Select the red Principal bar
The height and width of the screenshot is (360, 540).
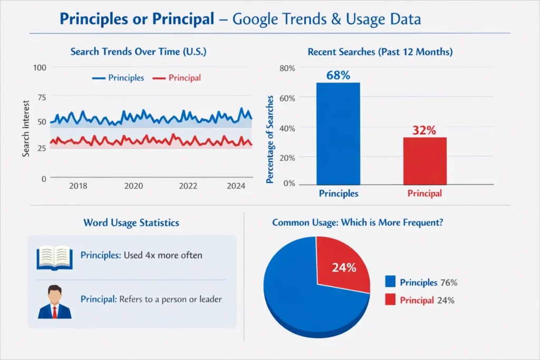425,161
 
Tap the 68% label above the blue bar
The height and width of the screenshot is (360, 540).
338,75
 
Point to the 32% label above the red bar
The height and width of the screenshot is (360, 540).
424,130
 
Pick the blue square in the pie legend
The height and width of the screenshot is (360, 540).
390,282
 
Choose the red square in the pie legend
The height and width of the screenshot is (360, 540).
390,300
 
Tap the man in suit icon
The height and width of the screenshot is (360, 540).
54,301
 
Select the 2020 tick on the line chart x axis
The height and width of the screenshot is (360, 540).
133,186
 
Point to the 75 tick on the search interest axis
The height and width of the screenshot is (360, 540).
41,97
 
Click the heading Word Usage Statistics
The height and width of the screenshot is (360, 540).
131,222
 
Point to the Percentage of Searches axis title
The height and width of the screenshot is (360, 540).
269,139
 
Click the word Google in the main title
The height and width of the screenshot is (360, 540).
256,20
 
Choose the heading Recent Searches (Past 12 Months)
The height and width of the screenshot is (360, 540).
380,52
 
